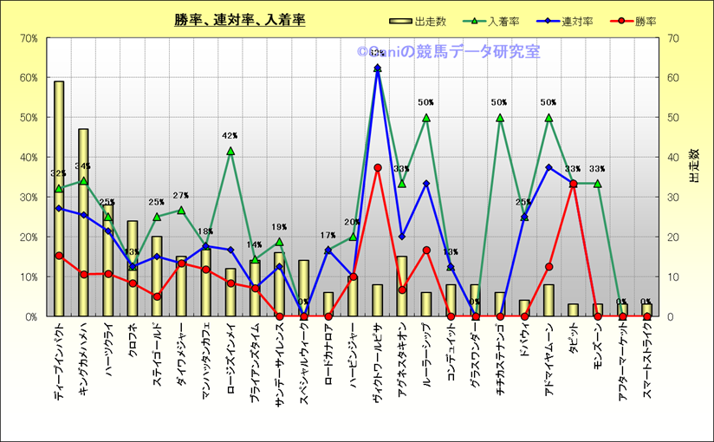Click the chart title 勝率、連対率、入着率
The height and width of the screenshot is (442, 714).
tap(239, 20)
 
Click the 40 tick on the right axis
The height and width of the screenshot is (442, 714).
tap(672, 158)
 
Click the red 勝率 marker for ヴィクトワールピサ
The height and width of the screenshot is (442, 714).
tap(377, 167)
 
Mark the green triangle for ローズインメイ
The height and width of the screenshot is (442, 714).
tap(230, 151)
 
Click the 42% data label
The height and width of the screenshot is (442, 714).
tap(230, 136)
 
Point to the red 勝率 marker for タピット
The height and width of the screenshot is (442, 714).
tap(573, 184)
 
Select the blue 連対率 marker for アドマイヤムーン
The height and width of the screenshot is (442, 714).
tap(548, 167)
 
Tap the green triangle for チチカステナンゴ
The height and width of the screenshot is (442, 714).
tap(499, 117)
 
